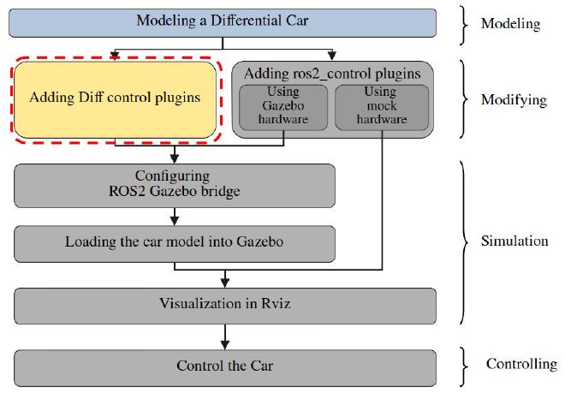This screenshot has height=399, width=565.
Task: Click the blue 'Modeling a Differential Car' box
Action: pos(223,23)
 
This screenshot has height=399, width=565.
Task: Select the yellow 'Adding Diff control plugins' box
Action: pos(116,100)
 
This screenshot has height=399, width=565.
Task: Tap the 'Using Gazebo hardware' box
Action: pos(283,107)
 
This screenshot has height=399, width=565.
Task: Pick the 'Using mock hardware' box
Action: pos(382,107)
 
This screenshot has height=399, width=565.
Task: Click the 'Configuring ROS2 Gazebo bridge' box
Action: pos(175,186)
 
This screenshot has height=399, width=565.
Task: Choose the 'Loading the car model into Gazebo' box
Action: pos(175,244)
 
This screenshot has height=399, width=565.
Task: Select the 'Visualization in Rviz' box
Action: pos(225,306)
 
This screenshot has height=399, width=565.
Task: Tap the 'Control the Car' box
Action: pos(225,368)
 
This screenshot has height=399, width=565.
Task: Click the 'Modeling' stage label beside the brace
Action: pos(510,24)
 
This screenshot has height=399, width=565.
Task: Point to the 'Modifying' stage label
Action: pos(514,100)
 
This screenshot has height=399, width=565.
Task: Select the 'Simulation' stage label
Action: pos(514,241)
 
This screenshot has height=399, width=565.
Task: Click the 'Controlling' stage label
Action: pos(521,365)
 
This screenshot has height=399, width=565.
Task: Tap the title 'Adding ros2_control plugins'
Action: pos(332,74)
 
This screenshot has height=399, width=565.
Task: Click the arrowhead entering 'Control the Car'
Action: pos(225,345)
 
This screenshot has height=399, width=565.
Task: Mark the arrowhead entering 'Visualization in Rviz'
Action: pos(225,283)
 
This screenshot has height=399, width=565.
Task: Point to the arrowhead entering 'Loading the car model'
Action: pos(175,221)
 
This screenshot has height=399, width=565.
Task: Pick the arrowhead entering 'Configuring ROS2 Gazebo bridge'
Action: pos(175,159)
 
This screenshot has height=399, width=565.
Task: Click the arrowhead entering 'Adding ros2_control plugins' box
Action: pos(332,56)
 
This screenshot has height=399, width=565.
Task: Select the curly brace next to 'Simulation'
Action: pos(464,242)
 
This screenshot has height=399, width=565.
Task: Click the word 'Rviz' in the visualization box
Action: pos(276,303)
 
